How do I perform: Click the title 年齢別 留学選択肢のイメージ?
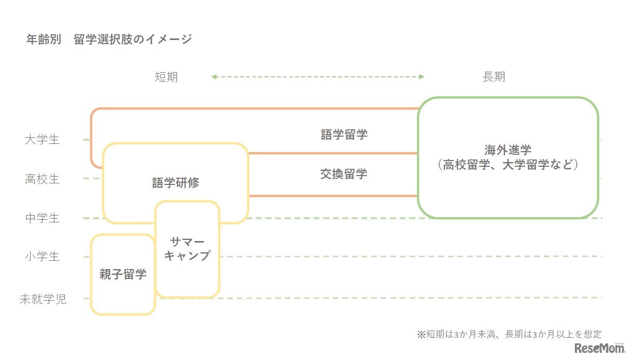tap(109, 39)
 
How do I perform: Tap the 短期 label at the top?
tap(166, 77)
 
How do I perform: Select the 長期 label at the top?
tap(493, 77)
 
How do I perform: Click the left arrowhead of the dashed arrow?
tap(213, 77)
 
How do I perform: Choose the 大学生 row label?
tap(42, 140)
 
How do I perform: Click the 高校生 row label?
tap(42, 179)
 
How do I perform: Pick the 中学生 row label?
tap(42, 218)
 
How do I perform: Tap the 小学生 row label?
tap(42, 257)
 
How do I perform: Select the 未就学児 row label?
tap(43, 299)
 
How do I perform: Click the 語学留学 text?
tap(344, 135)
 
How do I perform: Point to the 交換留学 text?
tap(344, 174)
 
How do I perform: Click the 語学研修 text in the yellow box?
tap(176, 183)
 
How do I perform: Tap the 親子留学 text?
tap(123, 274)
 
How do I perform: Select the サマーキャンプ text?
tap(187, 249)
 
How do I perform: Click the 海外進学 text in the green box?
tap(508, 151)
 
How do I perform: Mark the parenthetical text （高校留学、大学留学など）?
tap(508, 165)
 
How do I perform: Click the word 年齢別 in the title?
tap(44, 39)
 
